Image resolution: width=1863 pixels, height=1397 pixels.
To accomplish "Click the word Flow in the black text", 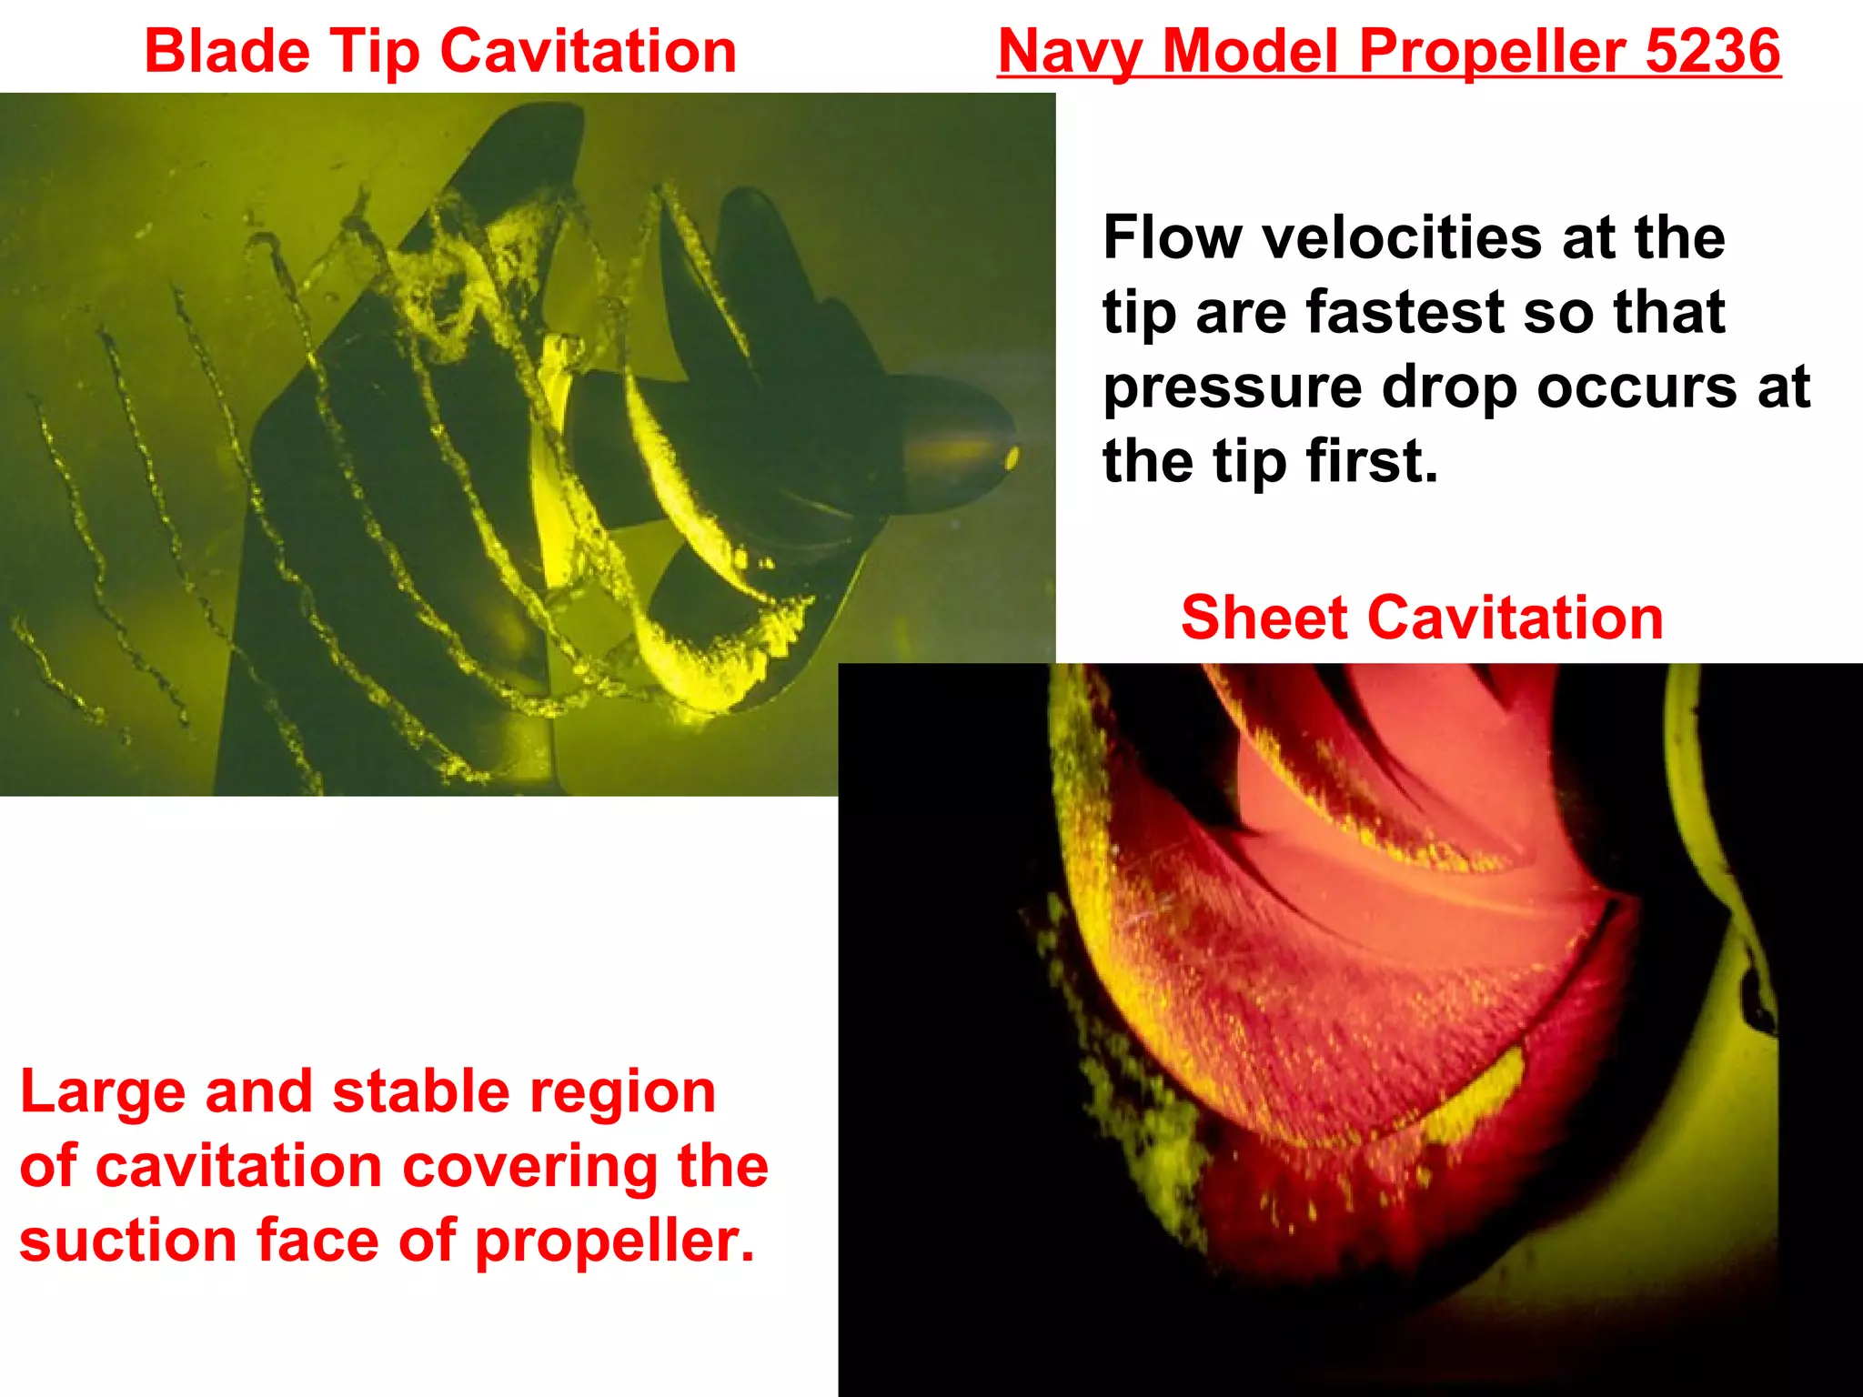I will (1173, 237).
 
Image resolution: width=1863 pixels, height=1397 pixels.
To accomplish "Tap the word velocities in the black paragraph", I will (1400, 237).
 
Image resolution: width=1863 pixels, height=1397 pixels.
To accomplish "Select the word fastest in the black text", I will (1406, 312).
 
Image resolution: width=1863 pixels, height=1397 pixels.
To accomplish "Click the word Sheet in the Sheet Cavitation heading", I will (1264, 618).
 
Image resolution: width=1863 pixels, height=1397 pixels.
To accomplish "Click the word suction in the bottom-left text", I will (128, 1241).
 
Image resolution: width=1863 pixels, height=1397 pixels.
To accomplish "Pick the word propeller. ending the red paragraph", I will (615, 1243).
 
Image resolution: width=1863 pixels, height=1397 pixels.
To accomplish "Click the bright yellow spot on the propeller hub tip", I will (1011, 457).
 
